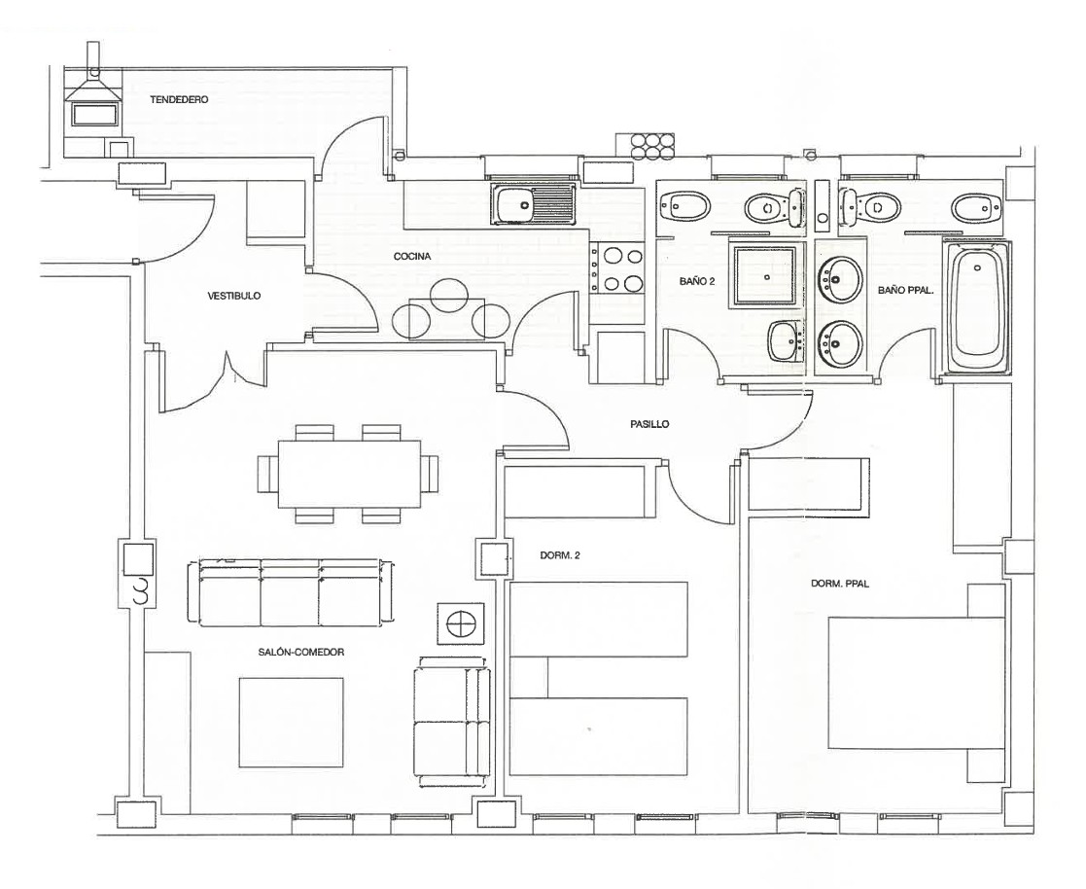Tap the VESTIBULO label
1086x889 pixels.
coord(234,296)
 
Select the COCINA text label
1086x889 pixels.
coord(412,257)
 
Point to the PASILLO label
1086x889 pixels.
coord(648,424)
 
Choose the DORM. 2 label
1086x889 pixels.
coord(560,556)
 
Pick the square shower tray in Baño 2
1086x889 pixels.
coord(768,276)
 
